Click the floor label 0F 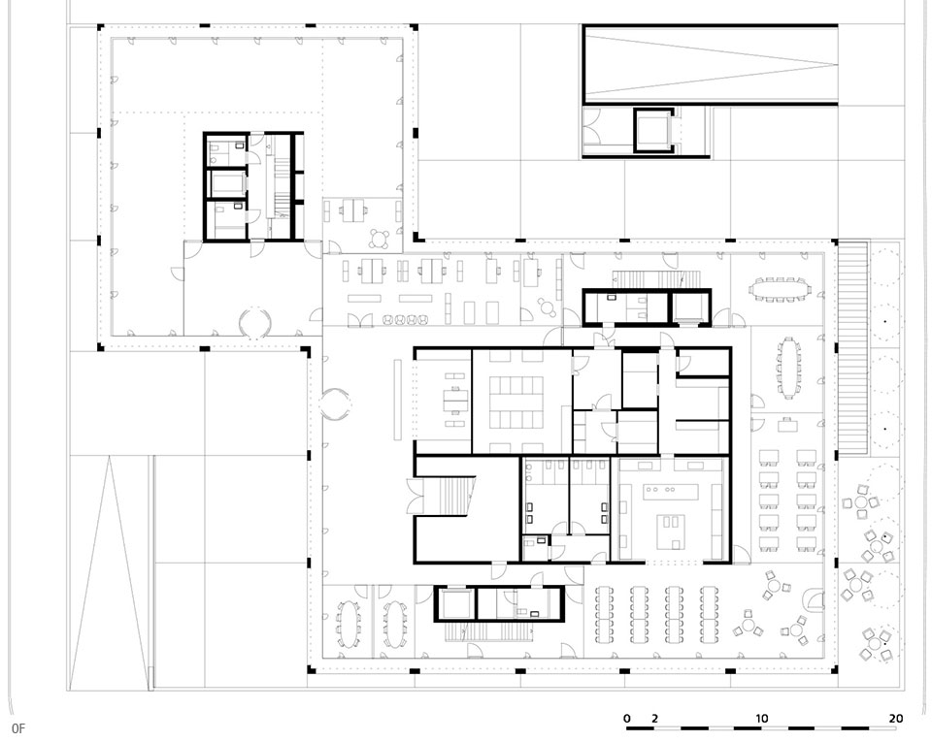[17, 728]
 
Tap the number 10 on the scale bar [761, 719]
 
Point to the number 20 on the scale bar [896, 719]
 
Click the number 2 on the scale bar [654, 719]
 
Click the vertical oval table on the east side [788, 367]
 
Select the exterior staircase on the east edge [853, 347]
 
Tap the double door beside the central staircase [415, 497]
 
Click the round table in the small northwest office [379, 239]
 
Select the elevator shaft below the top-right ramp [653, 130]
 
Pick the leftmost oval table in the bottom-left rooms [348, 624]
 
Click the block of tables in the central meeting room [516, 403]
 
